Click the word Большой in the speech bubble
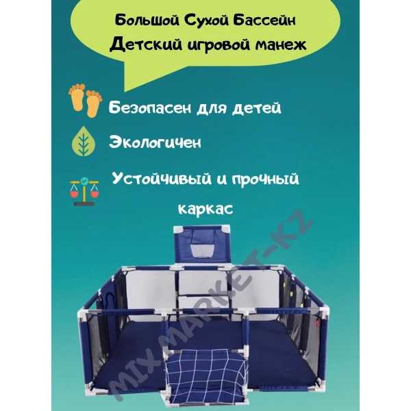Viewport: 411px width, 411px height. click(147, 21)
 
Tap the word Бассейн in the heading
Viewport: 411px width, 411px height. click(264, 21)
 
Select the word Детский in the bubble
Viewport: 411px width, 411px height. click(146, 45)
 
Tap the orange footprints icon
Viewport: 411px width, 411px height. click(85, 100)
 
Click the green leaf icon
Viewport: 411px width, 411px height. click(84, 142)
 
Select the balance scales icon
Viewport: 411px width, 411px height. click(84, 192)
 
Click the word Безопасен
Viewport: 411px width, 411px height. click(150, 108)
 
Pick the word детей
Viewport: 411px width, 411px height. click(257, 108)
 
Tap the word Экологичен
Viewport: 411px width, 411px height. click(155, 142)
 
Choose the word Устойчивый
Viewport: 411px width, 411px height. click(162, 179)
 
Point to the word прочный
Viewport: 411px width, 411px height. click(266, 179)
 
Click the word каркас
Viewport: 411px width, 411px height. click(206, 209)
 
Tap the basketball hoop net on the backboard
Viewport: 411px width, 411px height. click(202, 250)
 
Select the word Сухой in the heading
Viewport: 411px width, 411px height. click(206, 21)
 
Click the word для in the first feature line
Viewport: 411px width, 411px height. click(212, 108)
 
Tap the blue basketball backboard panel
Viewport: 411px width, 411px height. click(202, 245)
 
